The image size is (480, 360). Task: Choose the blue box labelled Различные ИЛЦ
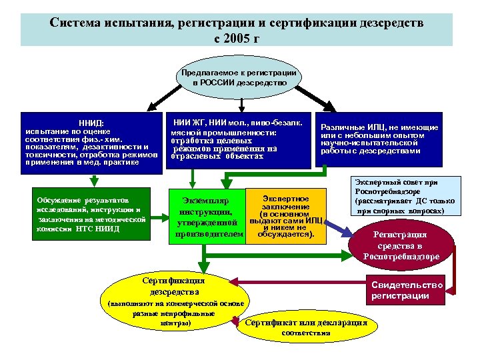(379, 139)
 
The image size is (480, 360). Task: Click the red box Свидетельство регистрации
(407, 290)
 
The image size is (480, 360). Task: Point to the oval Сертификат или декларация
(306, 326)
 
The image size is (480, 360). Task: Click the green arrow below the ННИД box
(95, 180)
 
